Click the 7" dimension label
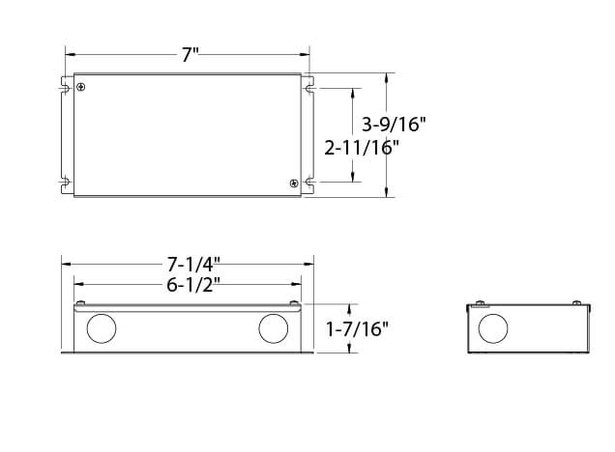point(190,55)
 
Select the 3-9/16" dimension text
point(394,125)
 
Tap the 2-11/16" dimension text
point(362,148)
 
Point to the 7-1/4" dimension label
point(193,265)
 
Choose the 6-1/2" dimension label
point(193,285)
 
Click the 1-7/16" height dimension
point(357,329)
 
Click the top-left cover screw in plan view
point(81,87)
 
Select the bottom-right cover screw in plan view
point(293,183)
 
